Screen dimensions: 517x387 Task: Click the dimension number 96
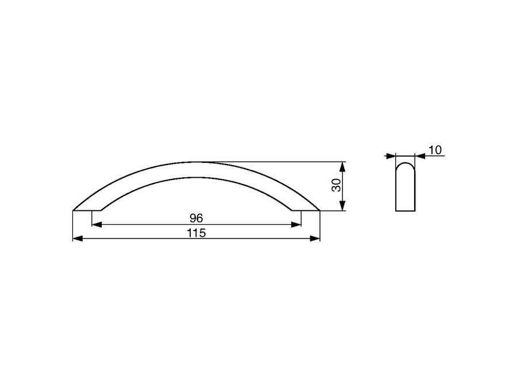(196, 218)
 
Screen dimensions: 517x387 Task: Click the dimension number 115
(196, 233)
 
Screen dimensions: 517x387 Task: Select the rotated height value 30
(336, 186)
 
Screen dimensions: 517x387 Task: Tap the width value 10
(435, 150)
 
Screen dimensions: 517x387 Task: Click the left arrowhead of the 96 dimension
(96, 225)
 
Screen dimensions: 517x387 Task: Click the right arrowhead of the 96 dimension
(296, 225)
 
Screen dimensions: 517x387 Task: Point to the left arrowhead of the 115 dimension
(77, 239)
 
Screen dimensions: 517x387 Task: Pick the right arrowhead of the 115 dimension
(315, 239)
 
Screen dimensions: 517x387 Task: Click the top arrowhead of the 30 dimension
(343, 166)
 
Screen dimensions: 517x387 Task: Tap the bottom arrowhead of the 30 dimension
(343, 206)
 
